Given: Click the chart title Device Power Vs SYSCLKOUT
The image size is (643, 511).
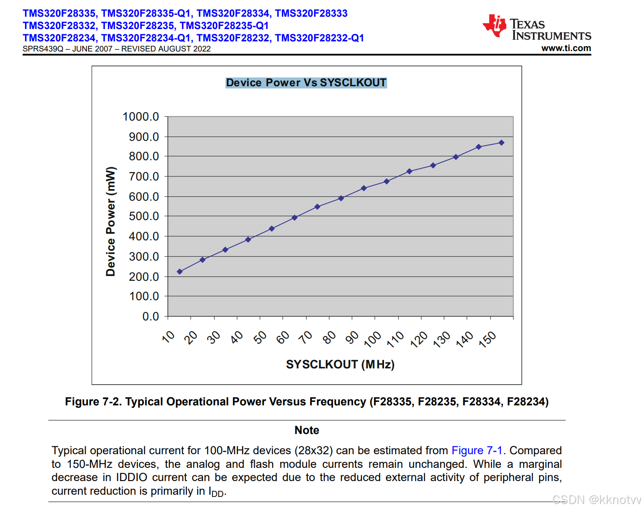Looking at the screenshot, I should coord(306,83).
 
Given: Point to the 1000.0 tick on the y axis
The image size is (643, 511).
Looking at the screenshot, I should coord(140,117).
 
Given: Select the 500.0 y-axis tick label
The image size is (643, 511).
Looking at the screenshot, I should coord(144,216).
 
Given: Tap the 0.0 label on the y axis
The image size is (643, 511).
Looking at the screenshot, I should coord(151,316).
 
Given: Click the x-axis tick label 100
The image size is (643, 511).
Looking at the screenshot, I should coord(373,339).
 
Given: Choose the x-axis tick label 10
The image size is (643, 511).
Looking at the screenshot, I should coord(169,337).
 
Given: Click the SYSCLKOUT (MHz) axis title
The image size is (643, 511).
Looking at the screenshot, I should coord(340,364).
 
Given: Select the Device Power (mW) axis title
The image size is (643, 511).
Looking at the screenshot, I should coord(111,221).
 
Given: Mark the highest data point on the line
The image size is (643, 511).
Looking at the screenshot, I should coord(501,143).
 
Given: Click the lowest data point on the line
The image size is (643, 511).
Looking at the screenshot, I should coord(180,272).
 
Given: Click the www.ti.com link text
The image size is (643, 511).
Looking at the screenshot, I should coord(566,48).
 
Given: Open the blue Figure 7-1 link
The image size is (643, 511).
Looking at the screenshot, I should coord(477,450).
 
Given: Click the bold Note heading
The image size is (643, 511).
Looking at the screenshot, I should coord(307,430).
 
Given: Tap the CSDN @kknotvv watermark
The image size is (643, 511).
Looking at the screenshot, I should coord(597,500).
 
